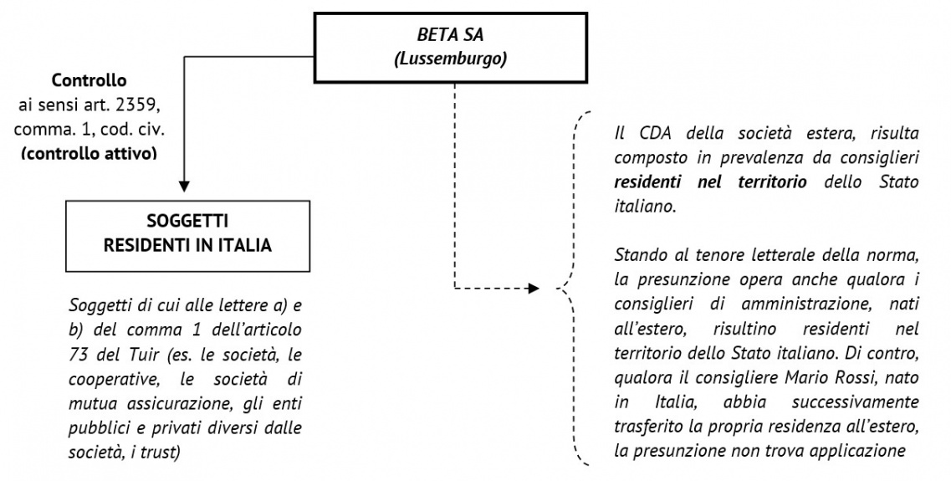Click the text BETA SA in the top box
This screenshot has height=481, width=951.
[x=450, y=34]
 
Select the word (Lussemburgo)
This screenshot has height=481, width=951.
[x=450, y=61]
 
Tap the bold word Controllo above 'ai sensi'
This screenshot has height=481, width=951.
[x=89, y=80]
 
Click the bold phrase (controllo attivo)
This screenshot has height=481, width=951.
[x=89, y=153]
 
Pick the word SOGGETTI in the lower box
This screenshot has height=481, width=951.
[x=187, y=221]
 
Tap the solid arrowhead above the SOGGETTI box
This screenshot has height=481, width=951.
[x=184, y=186]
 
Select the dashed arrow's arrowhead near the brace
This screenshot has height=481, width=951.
[x=533, y=288]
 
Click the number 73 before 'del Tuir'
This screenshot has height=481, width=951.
[x=77, y=354]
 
